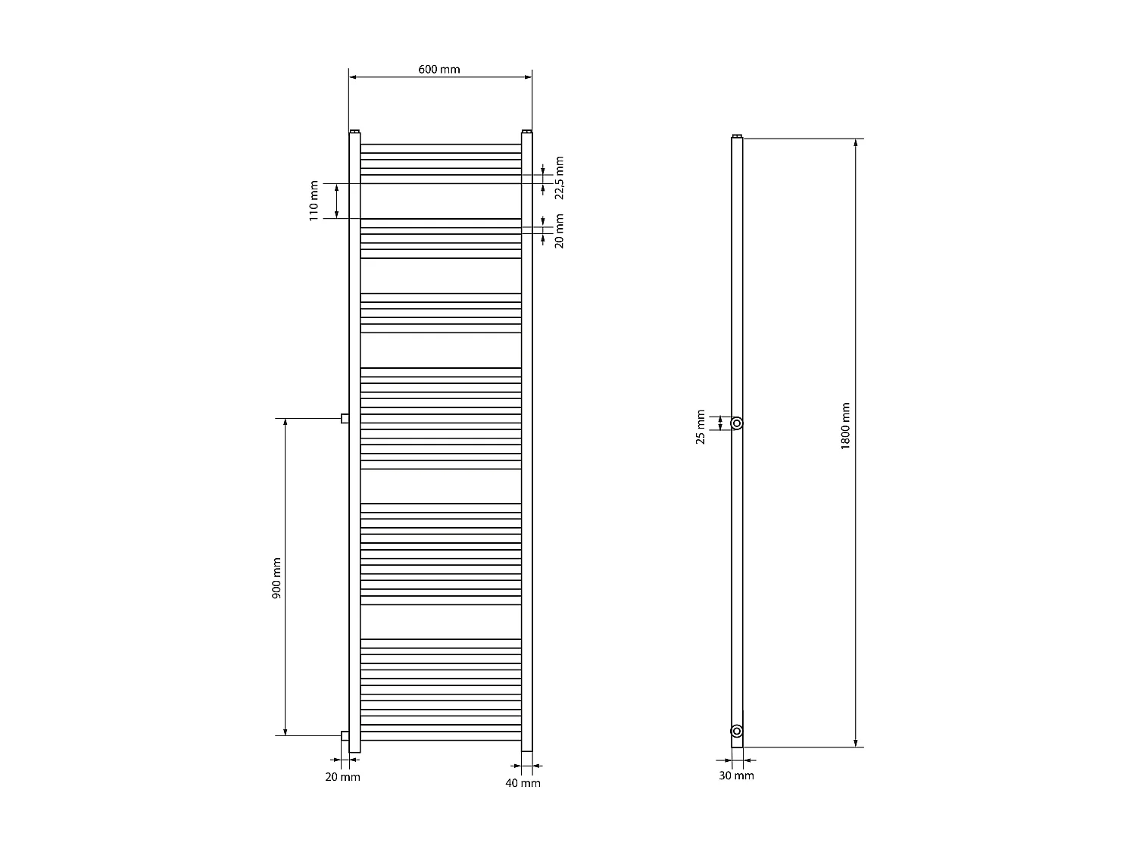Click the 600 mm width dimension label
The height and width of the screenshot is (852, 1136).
tap(438, 69)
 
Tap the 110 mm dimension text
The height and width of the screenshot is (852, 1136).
tap(314, 201)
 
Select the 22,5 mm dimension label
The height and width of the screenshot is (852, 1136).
tap(560, 178)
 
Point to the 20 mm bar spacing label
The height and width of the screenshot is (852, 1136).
tap(560, 231)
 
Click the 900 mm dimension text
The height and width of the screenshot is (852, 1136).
tap(276, 579)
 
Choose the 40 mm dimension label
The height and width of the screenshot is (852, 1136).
tap(523, 783)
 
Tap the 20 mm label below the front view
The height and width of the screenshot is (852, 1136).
tap(343, 777)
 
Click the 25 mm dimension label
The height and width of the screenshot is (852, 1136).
tap(701, 428)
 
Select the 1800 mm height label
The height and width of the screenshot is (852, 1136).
tap(845, 426)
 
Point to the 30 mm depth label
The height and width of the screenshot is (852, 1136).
tap(736, 776)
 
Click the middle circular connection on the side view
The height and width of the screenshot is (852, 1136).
tap(736, 423)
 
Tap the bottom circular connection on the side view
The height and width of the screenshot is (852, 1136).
tap(736, 731)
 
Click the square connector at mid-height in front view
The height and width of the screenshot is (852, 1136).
tap(345, 418)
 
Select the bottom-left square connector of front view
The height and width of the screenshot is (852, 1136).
tap(345, 735)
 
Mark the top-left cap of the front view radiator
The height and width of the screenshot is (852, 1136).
tap(354, 131)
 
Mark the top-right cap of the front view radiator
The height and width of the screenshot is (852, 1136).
tap(526, 131)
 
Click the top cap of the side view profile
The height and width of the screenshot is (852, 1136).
tap(737, 136)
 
